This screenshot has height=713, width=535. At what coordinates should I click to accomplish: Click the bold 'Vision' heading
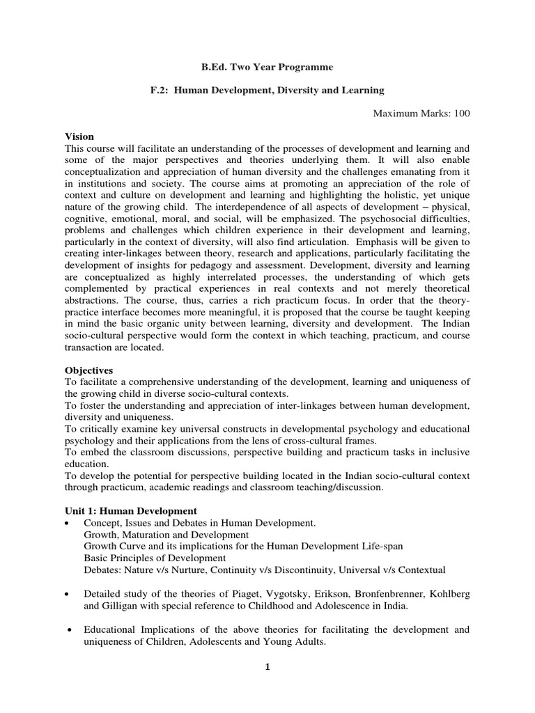(79, 136)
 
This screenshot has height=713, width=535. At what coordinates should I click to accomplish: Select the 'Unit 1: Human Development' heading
(131, 510)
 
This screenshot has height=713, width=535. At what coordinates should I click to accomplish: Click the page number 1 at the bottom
(267, 666)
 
